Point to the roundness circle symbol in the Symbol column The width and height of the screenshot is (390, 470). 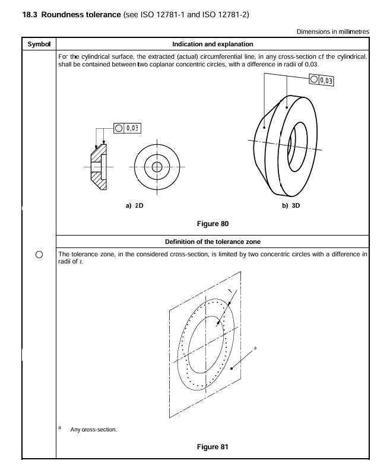pyautogui.click(x=38, y=255)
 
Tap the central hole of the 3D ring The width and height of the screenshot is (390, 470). pyautogui.click(x=293, y=141)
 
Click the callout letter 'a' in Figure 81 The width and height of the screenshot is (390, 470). pyautogui.click(x=256, y=348)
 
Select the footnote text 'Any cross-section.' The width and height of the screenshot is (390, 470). pyautogui.click(x=93, y=429)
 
